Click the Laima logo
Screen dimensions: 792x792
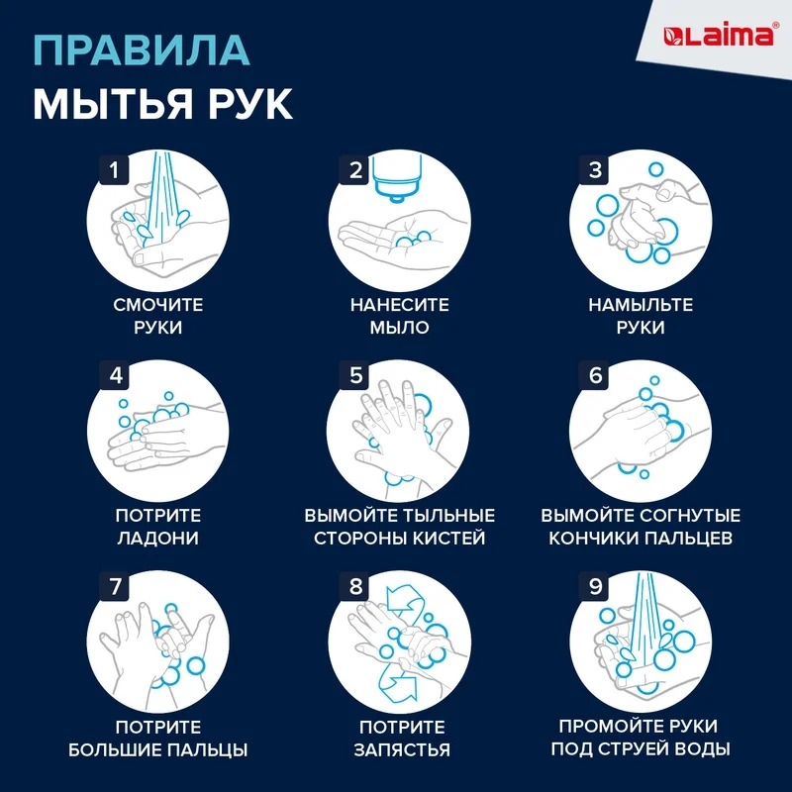(x=718, y=36)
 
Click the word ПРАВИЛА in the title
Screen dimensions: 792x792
(x=142, y=50)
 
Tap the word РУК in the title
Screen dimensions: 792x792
(x=249, y=103)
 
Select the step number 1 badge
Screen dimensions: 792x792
(x=114, y=169)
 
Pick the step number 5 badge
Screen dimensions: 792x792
(x=356, y=375)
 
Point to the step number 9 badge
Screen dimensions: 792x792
(x=596, y=586)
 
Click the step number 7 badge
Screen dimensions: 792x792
(x=115, y=586)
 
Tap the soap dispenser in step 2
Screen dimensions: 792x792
(x=397, y=178)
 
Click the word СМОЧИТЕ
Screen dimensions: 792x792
(x=158, y=305)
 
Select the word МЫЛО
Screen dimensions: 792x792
(x=400, y=328)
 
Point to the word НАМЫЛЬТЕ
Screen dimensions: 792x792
(x=641, y=305)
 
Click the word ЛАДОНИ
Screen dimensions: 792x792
(x=158, y=538)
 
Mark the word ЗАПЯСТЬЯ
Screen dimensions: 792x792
(x=402, y=749)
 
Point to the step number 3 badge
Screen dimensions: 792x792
(x=596, y=169)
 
